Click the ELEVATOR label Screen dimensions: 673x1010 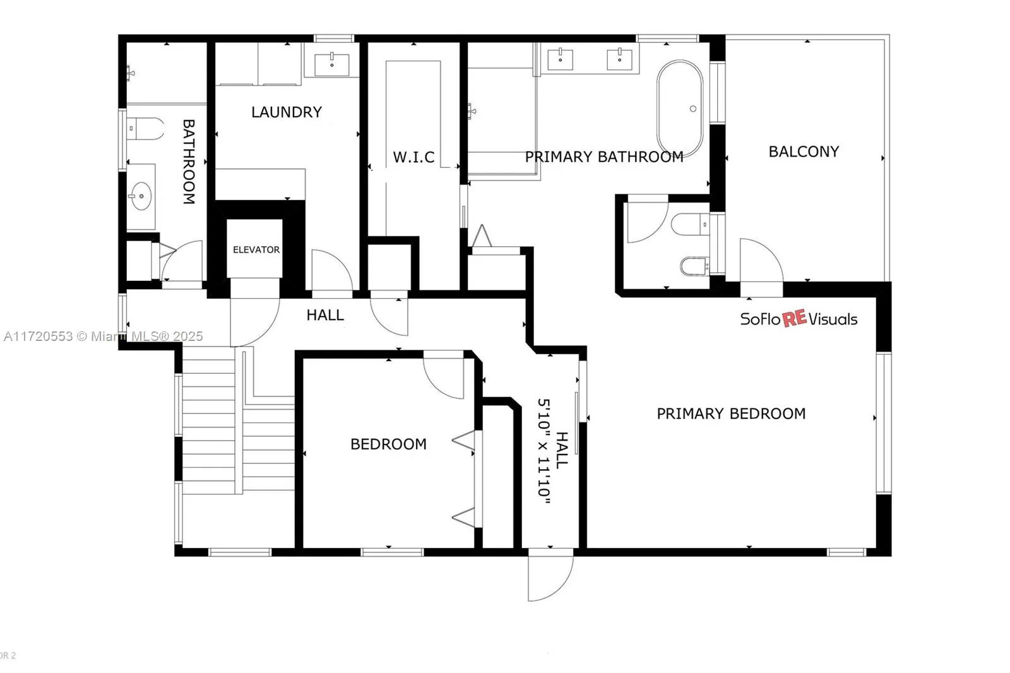tap(256, 250)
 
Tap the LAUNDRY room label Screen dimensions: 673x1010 tap(287, 112)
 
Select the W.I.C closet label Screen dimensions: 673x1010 tap(413, 157)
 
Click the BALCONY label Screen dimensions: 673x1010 tap(804, 152)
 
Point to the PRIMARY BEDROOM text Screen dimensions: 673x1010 tap(731, 414)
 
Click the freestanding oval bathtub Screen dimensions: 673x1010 tap(680, 109)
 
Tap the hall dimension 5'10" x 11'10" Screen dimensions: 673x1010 tap(544, 451)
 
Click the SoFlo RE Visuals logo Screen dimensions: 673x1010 tap(799, 319)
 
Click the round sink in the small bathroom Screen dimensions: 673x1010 tap(141, 196)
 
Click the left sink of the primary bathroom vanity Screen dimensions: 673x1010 tap(560, 59)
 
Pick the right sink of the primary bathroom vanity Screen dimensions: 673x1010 tap(619, 59)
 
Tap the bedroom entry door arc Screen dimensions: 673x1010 tap(444, 378)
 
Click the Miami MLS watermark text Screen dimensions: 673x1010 tap(104, 336)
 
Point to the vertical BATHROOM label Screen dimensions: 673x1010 tap(188, 162)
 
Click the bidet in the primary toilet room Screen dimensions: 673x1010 tap(694, 266)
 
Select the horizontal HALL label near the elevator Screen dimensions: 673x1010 tap(325, 315)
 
